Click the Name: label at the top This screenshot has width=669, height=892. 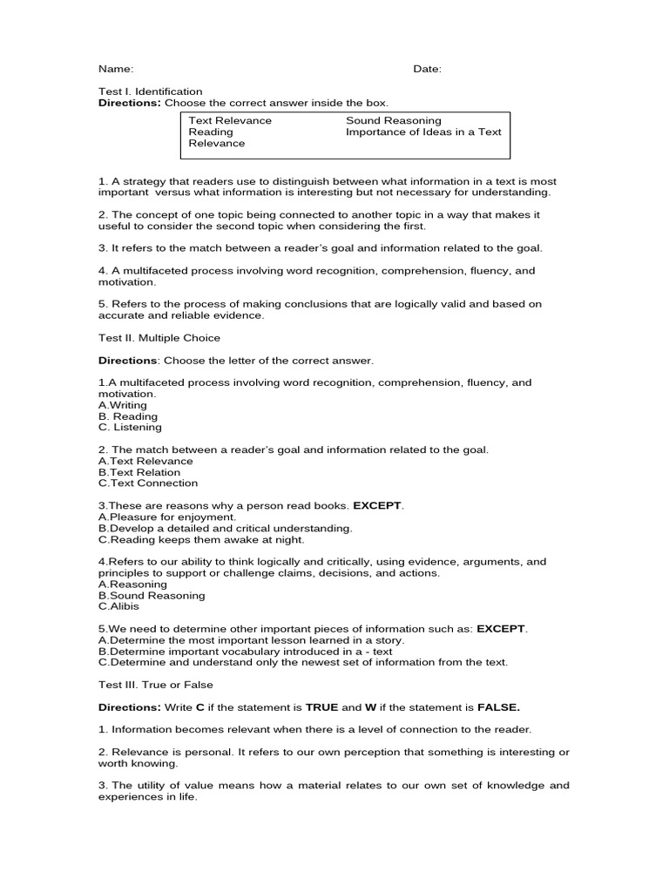click(115, 69)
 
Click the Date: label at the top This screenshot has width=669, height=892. click(427, 69)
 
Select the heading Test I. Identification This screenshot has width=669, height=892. click(151, 91)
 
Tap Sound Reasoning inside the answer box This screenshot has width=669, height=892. click(394, 120)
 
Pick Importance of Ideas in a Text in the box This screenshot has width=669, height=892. click(423, 132)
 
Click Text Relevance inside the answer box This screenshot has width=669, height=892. click(230, 120)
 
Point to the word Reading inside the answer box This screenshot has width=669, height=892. click(211, 132)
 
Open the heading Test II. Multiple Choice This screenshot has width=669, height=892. click(159, 338)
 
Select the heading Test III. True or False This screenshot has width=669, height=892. click(155, 685)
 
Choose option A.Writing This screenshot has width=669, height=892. click(123, 405)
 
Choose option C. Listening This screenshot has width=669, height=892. click(130, 428)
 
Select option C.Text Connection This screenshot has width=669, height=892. click(148, 483)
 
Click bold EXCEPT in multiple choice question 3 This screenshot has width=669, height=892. click(378, 505)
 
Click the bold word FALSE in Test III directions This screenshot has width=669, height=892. click(503, 707)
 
